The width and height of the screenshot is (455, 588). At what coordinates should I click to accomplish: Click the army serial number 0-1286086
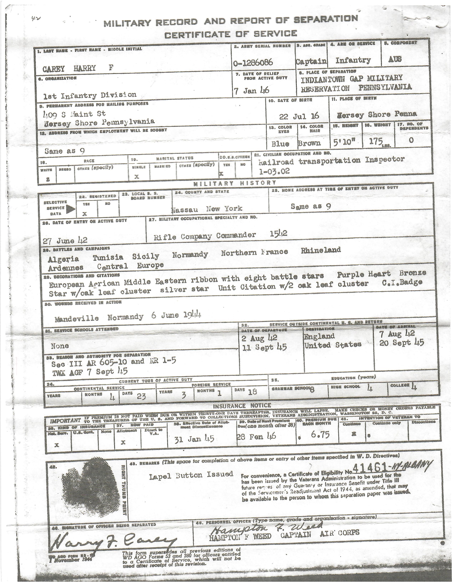[254, 63]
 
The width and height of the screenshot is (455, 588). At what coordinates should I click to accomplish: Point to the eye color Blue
[280, 144]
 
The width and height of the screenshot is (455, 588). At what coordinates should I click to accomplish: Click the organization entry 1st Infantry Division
[90, 95]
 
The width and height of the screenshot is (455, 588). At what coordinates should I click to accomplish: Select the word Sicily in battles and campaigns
[146, 256]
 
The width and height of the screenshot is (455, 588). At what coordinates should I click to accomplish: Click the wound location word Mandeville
[77, 319]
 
